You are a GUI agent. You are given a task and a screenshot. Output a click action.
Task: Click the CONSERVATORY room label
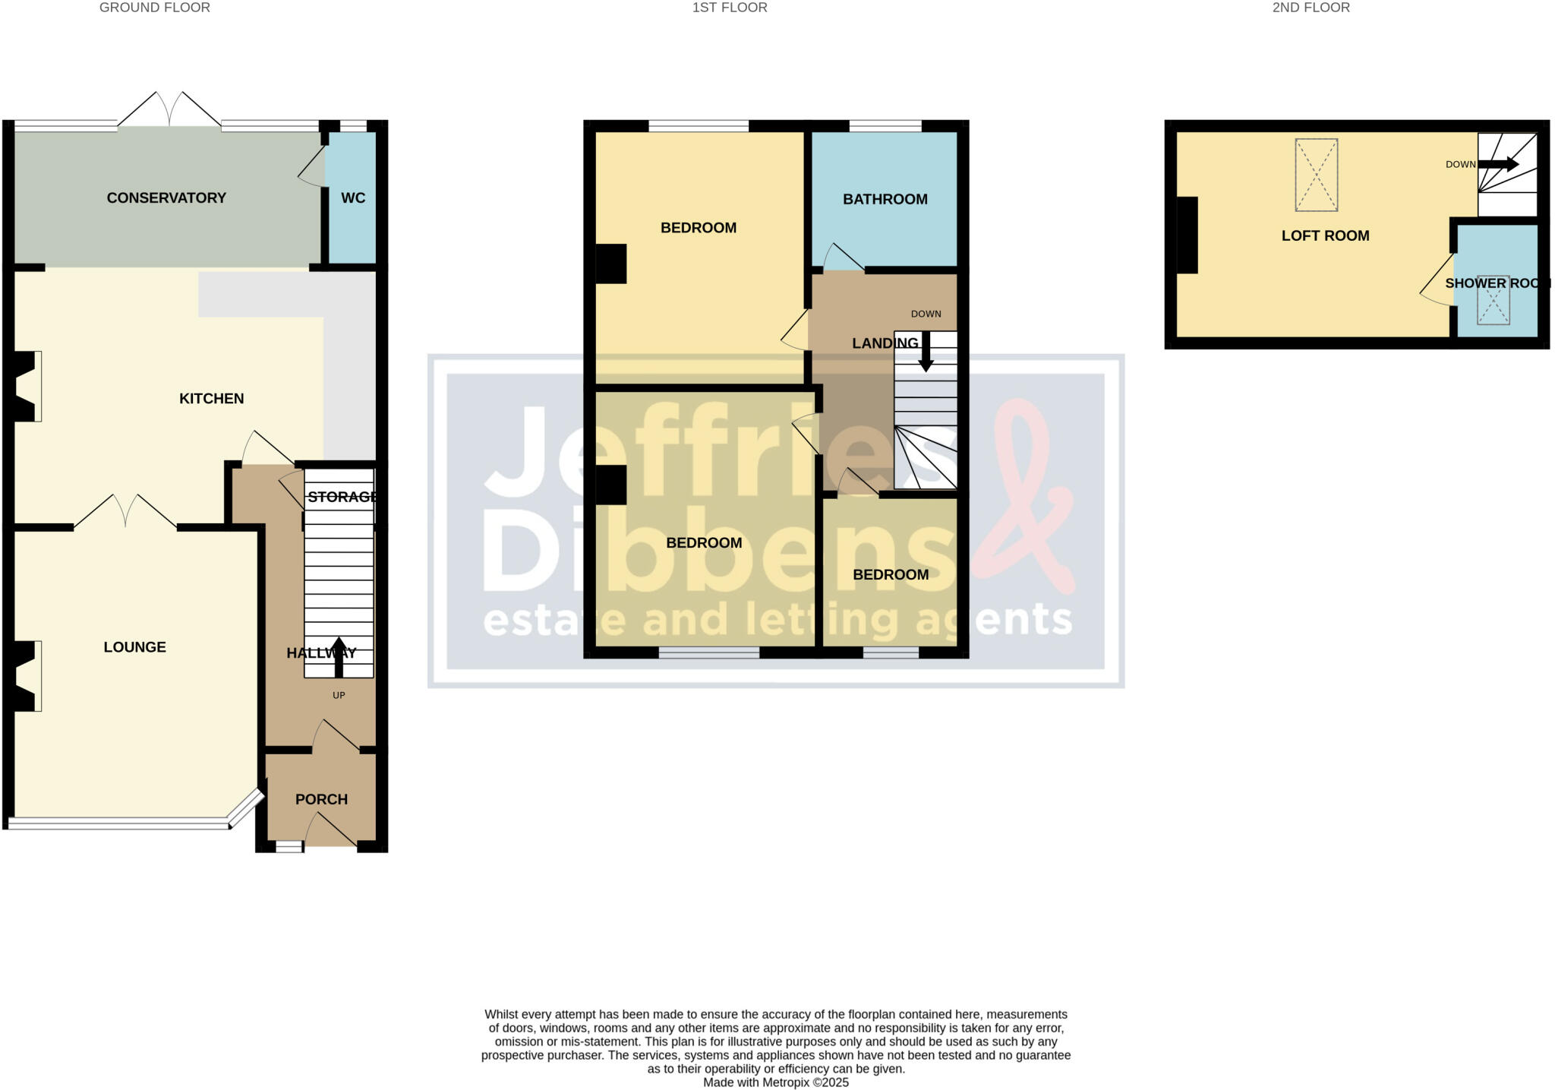coord(166,198)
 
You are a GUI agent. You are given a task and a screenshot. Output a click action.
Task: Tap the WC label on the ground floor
coord(353,198)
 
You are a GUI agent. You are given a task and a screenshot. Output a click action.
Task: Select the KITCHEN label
coord(211,399)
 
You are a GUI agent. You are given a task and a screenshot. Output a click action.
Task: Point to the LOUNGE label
coord(134,647)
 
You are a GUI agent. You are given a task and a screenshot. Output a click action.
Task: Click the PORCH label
coord(321,799)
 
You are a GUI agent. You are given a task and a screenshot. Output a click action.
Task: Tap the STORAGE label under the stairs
coord(342,497)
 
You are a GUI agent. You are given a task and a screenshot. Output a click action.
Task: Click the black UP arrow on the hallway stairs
coord(339,657)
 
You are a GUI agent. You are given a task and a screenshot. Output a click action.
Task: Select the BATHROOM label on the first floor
coord(885,199)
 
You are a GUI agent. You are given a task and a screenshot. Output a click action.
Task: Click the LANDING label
coord(885,343)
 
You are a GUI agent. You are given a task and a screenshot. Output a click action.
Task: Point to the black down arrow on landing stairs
coord(926,352)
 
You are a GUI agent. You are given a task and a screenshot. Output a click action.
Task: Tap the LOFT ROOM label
coord(1325,235)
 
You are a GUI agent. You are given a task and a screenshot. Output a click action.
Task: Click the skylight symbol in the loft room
coord(1316,175)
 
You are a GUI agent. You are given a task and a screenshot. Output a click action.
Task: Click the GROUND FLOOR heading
coord(155,8)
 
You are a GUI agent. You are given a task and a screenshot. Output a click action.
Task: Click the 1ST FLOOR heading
coord(729,8)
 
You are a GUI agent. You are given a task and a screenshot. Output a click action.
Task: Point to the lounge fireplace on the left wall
coord(26,676)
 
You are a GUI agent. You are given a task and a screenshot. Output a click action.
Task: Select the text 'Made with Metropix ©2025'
coord(775,1082)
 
